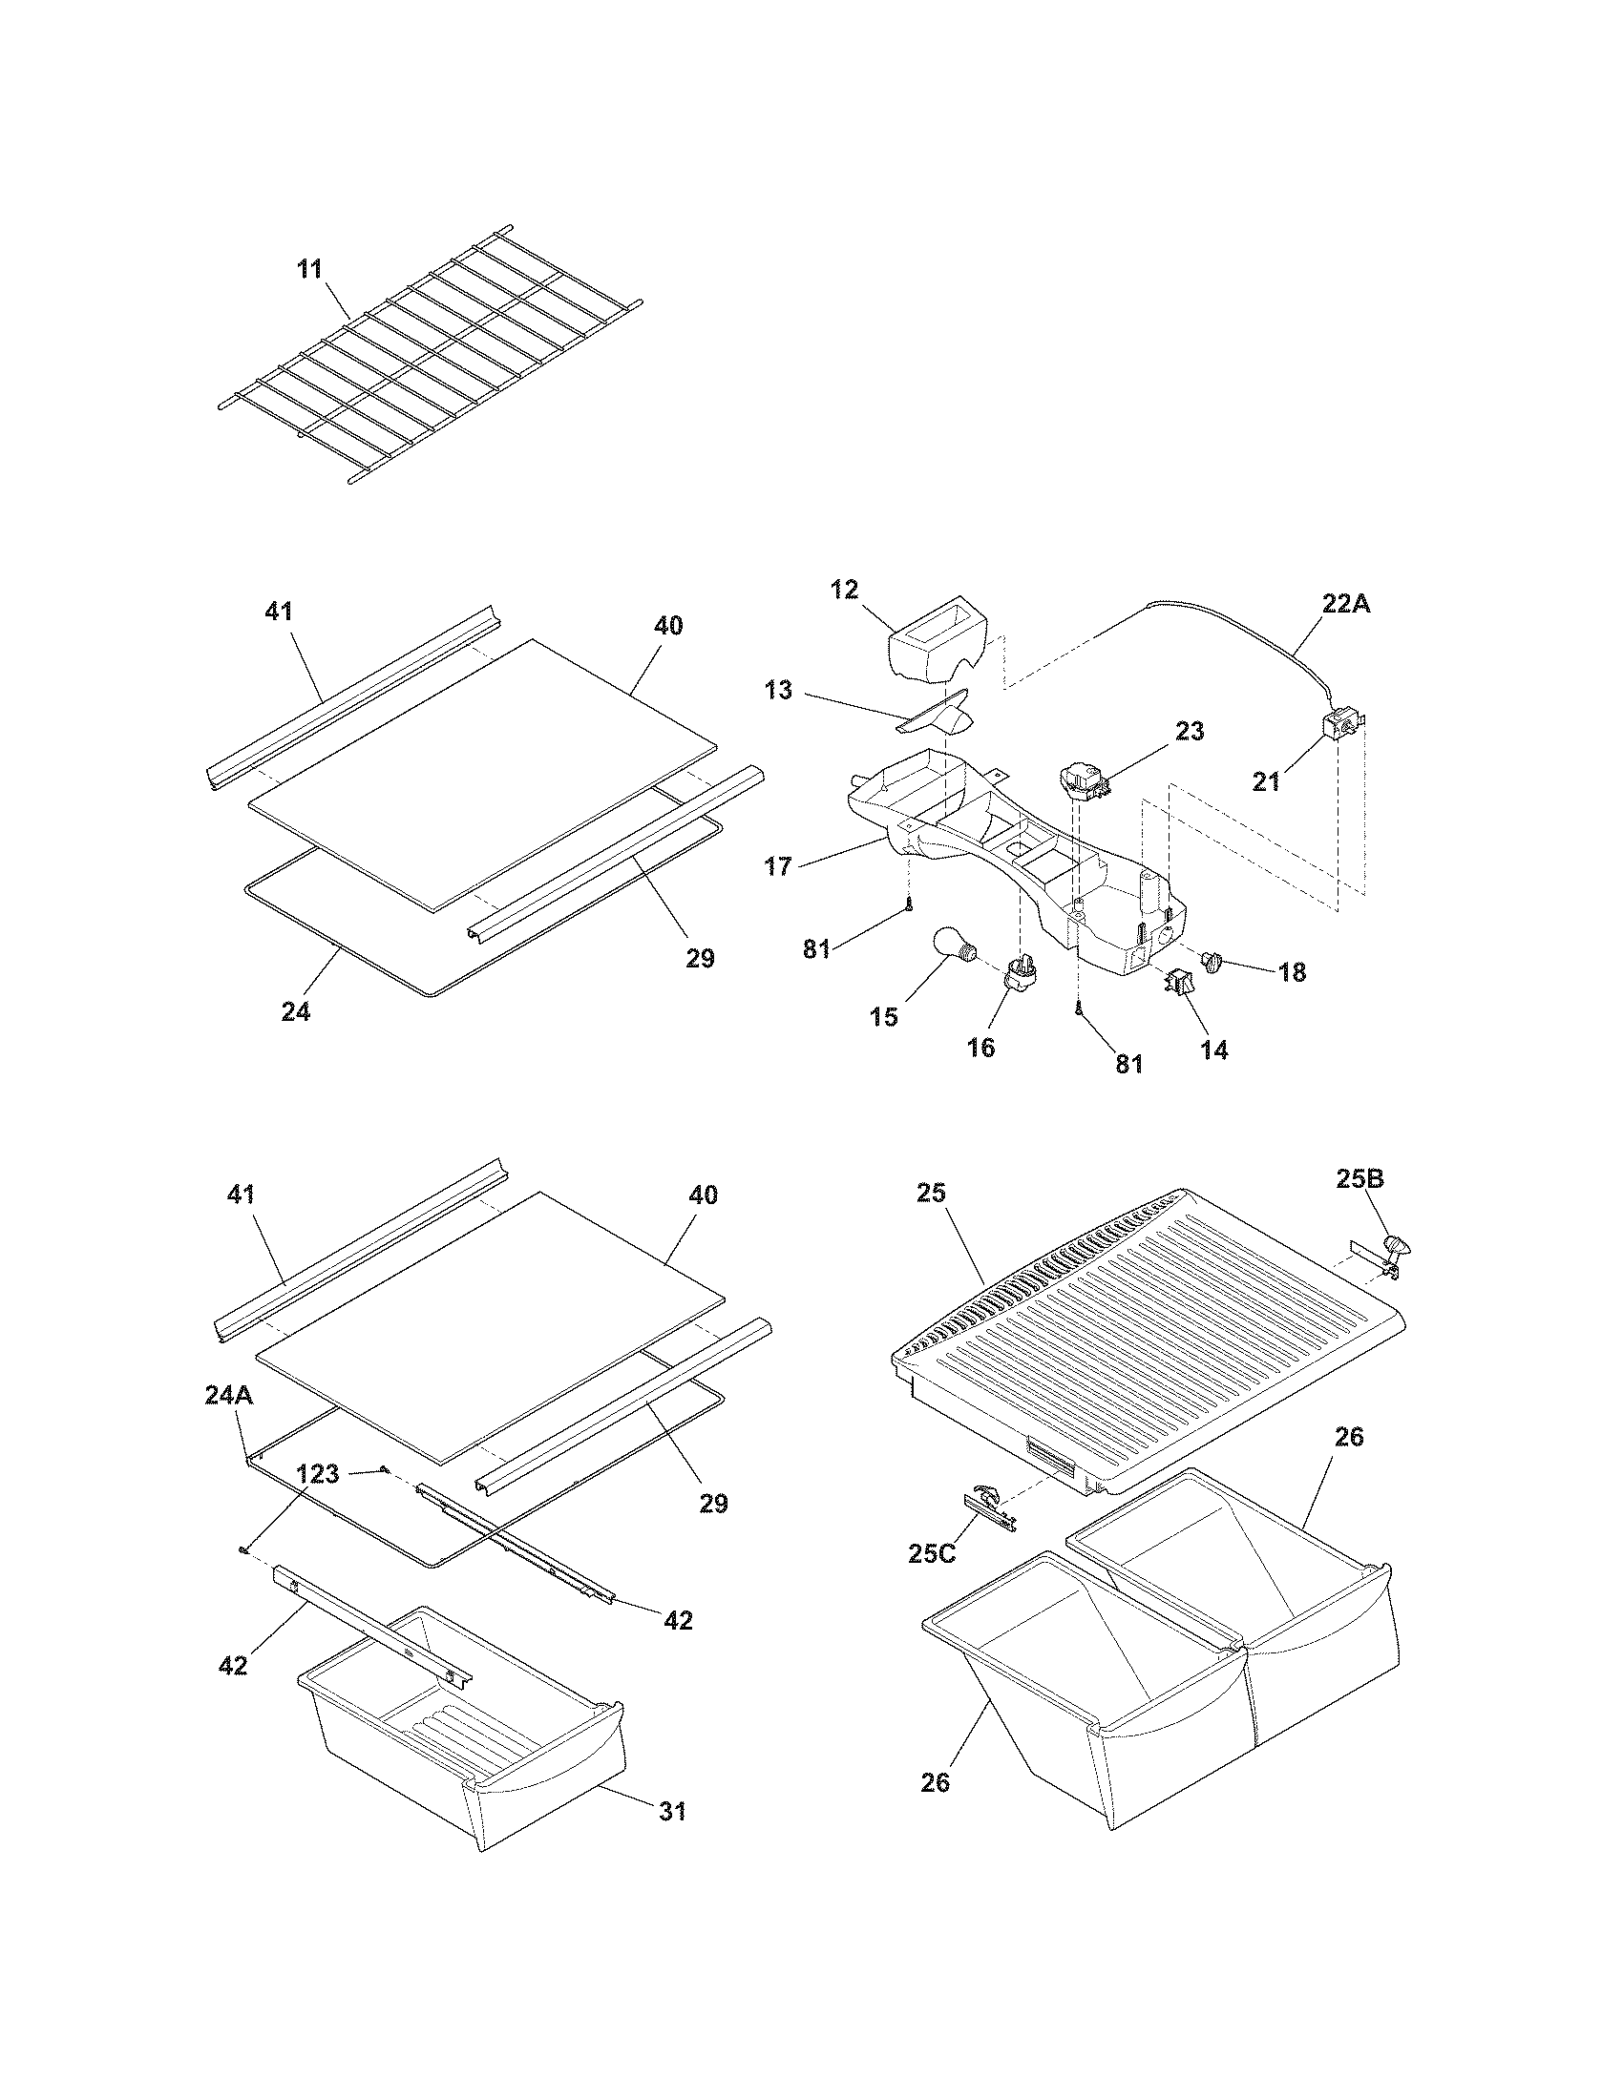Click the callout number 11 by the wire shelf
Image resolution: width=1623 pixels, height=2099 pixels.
pyautogui.click(x=308, y=269)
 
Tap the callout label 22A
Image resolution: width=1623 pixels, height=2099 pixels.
pyautogui.click(x=1344, y=604)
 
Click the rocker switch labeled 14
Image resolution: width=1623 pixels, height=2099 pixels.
pyautogui.click(x=1176, y=982)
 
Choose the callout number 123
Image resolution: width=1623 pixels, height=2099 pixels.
pyautogui.click(x=317, y=1473)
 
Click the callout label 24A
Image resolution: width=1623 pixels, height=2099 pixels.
pyautogui.click(x=229, y=1395)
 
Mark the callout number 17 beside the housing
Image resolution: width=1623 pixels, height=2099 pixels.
pyautogui.click(x=778, y=866)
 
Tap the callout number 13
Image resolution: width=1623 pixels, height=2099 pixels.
pyautogui.click(x=778, y=689)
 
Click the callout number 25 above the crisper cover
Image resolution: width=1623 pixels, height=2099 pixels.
pyautogui.click(x=932, y=1193)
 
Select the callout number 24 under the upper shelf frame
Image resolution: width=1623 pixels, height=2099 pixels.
pyautogui.click(x=296, y=1010)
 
